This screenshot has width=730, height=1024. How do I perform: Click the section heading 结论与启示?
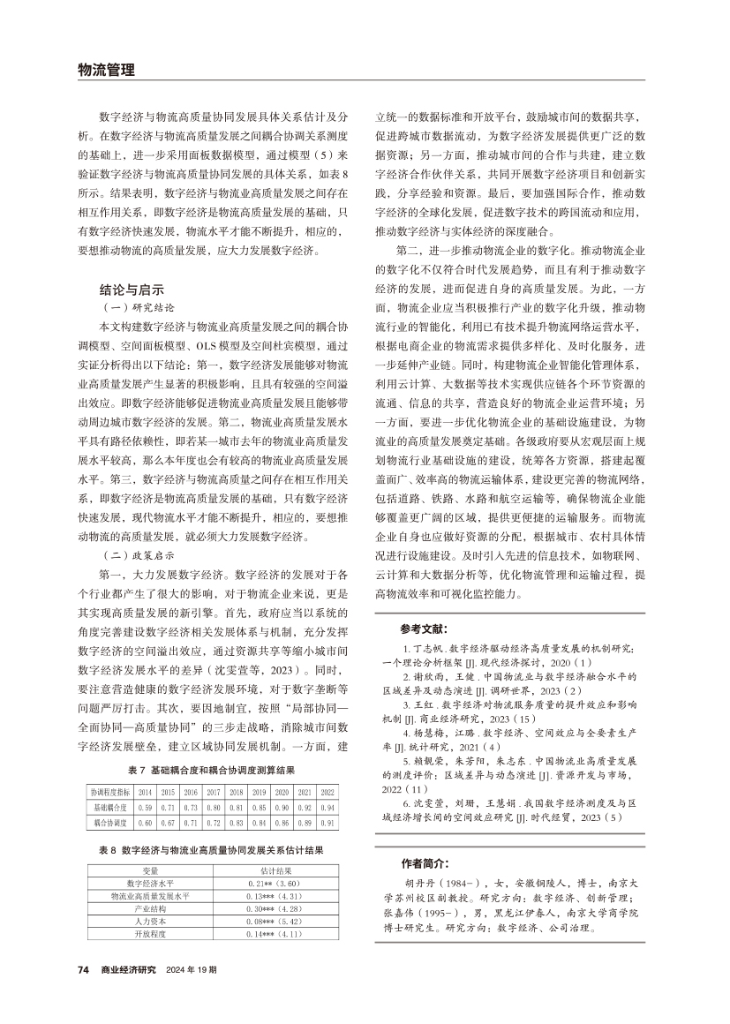133,289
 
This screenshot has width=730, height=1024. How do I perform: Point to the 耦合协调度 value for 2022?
327,823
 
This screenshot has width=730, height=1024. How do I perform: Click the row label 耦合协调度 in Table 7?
111,823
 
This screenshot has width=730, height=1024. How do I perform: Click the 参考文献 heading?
422,630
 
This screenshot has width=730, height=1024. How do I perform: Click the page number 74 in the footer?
83,968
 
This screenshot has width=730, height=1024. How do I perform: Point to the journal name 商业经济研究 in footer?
129,968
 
